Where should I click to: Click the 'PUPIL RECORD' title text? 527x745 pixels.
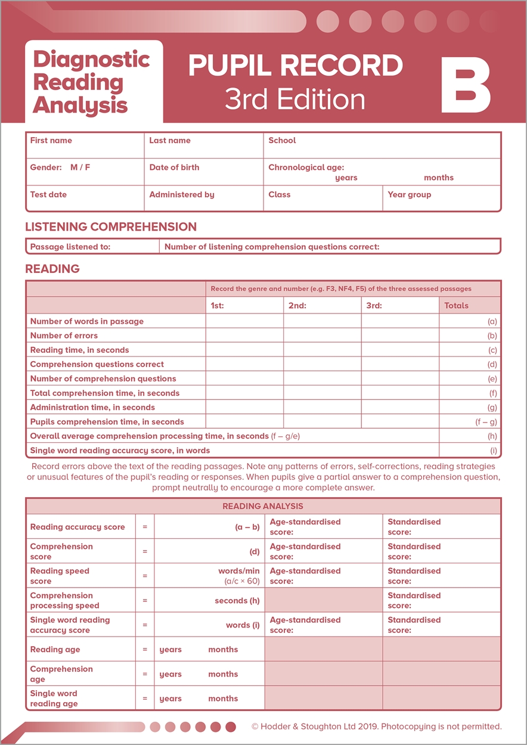coord(295,66)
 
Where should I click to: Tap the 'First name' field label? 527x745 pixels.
coord(51,141)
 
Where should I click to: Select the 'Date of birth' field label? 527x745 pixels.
coord(174,167)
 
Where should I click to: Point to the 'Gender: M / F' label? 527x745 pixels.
coord(60,167)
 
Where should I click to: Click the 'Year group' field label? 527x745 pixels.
coord(409,194)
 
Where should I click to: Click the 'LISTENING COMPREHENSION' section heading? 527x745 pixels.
coord(111,226)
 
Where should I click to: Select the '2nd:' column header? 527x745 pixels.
coord(297,306)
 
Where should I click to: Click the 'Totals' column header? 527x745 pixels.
coord(456,306)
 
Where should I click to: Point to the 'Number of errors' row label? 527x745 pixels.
coord(64,336)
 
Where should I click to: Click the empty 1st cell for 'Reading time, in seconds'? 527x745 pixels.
coord(244,350)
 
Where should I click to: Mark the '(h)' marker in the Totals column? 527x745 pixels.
coord(492,436)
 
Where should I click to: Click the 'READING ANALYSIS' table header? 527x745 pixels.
coord(263,507)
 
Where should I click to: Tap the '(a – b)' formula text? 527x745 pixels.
coord(247,527)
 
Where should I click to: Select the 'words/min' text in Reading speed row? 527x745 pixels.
coord(238,571)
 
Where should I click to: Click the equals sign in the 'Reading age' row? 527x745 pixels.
coord(144,650)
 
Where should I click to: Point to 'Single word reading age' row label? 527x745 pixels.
coord(54,699)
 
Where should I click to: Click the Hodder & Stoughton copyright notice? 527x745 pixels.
coord(377,727)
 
